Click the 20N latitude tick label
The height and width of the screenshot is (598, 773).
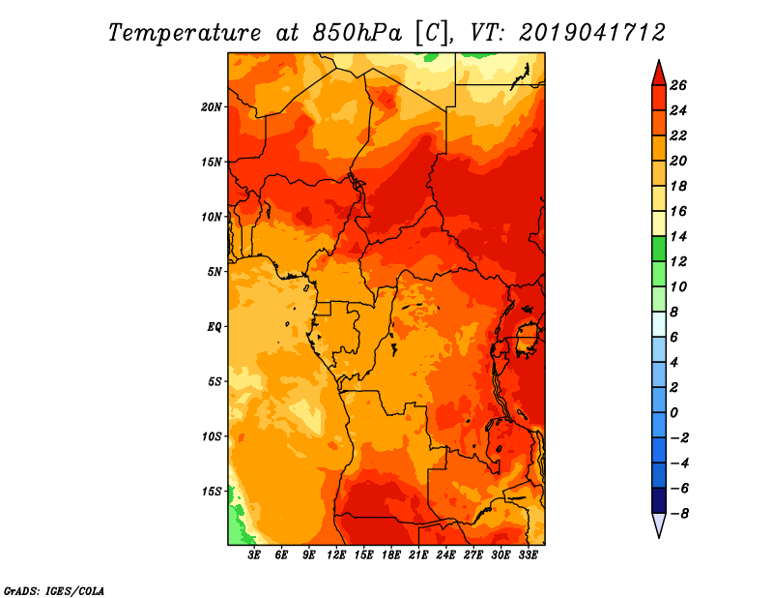212,107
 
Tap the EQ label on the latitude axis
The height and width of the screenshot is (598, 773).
215,327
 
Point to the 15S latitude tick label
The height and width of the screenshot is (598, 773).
212,492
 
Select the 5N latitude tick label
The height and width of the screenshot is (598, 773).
215,272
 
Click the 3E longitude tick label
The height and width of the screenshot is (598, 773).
254,555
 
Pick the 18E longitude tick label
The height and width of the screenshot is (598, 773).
391,555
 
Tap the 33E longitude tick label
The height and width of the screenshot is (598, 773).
528,555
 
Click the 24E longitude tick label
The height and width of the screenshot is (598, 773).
445,555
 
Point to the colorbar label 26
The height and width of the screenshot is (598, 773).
678,85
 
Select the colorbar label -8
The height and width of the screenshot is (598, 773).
679,514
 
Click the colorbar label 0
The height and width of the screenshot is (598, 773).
673,413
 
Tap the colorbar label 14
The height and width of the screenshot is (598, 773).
678,236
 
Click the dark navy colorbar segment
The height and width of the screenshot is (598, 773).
659,500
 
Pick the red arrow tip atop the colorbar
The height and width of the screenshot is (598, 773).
659,60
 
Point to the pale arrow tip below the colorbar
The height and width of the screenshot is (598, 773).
659,537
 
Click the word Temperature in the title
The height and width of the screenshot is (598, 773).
185,33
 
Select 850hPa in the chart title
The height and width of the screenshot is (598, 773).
357,33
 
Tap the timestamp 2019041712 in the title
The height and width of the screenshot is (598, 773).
591,32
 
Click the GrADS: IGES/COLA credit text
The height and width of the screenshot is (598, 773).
54,590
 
